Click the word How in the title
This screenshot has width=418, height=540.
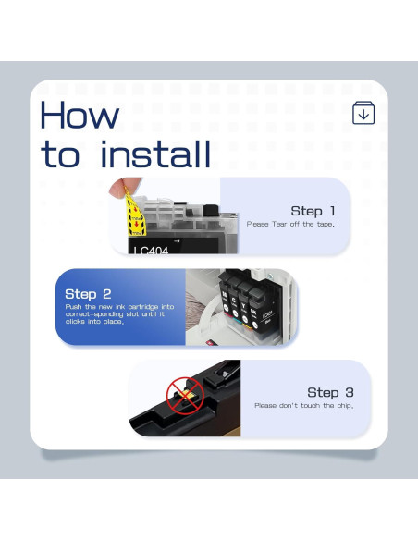point(80,115)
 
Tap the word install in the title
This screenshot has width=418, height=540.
point(155,153)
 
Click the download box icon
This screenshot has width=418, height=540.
point(363,113)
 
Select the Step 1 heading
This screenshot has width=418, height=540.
point(313,211)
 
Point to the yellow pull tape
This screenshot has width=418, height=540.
point(135,215)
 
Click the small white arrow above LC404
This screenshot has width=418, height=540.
point(177,241)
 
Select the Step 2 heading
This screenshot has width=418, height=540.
point(88,294)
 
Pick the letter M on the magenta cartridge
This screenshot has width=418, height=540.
point(225,294)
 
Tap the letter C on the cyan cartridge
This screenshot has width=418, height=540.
point(234,301)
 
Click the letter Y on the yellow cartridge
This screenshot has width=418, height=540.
point(243,306)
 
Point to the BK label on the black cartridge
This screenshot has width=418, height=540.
point(253,312)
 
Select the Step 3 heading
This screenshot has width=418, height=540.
point(330,392)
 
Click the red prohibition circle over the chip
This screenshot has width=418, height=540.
point(185,395)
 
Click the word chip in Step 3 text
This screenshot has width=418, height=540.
point(345,406)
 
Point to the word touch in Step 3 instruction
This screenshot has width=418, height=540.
point(310,405)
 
